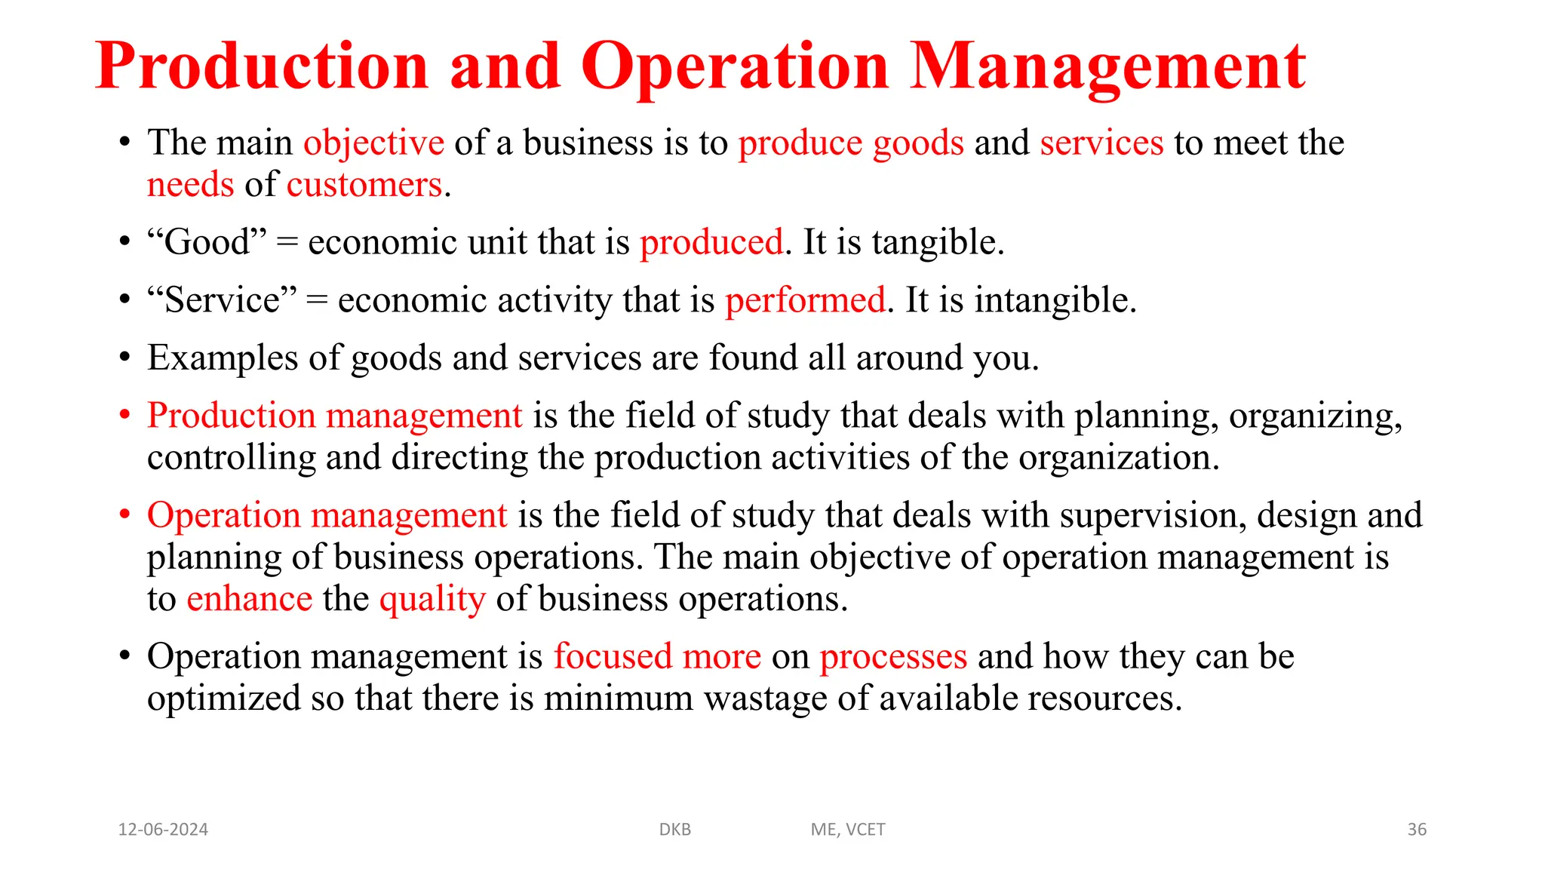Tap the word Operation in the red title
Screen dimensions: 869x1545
(735, 66)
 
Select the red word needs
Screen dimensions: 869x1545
(191, 185)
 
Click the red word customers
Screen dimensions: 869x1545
(364, 185)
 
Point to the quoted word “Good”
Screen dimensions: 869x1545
(207, 242)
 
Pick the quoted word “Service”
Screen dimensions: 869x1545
(222, 300)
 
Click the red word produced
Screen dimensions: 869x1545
(711, 242)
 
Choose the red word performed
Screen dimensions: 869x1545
(805, 300)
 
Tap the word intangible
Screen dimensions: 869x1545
(1055, 300)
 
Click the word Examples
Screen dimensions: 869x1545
(223, 358)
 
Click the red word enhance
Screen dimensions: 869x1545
(249, 599)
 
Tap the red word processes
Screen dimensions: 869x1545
(893, 657)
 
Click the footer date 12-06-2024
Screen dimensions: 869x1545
(163, 830)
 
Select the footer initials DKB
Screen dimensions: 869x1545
(675, 830)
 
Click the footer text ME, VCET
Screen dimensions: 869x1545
(848, 830)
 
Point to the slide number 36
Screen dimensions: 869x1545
(1417, 830)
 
